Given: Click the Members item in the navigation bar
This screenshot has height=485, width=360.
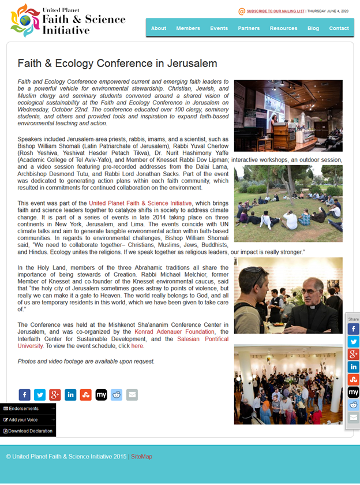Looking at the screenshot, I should tap(188, 28).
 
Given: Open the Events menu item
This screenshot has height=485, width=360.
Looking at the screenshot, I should tap(219, 28).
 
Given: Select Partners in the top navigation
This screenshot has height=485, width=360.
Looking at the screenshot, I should tap(249, 28).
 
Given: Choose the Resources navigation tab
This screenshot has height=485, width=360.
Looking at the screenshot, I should tap(283, 28).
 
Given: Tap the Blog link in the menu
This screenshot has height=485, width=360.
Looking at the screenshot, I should tap(313, 28).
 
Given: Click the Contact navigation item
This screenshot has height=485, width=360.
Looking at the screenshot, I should tap(339, 28).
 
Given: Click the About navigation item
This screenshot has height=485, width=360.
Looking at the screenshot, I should tap(159, 28).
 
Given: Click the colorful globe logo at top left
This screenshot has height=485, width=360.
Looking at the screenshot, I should tap(25, 20).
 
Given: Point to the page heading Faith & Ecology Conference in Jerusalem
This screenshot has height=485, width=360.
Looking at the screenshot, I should tap(117, 64).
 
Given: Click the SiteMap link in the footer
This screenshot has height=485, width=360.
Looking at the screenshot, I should tap(141, 457).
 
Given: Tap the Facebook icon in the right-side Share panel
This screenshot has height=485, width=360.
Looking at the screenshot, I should tap(353, 329).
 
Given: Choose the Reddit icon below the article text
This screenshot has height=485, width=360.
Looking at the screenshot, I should tap(117, 395).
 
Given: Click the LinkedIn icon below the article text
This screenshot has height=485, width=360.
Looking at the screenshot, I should tap(70, 395).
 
